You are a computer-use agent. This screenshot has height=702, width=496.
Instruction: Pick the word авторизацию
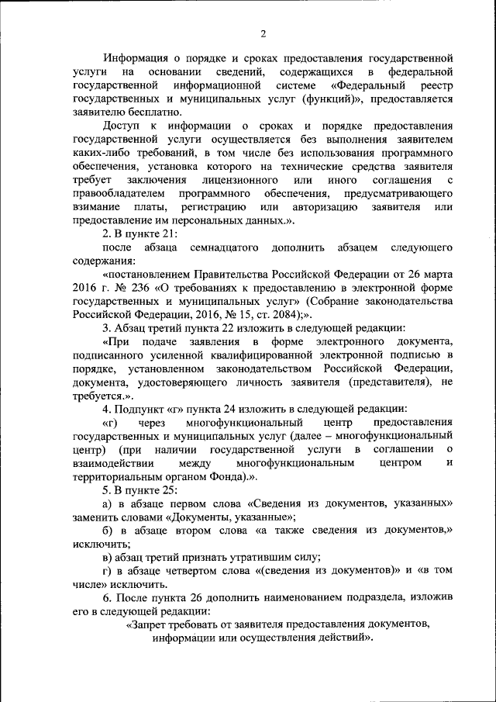[325, 207]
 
